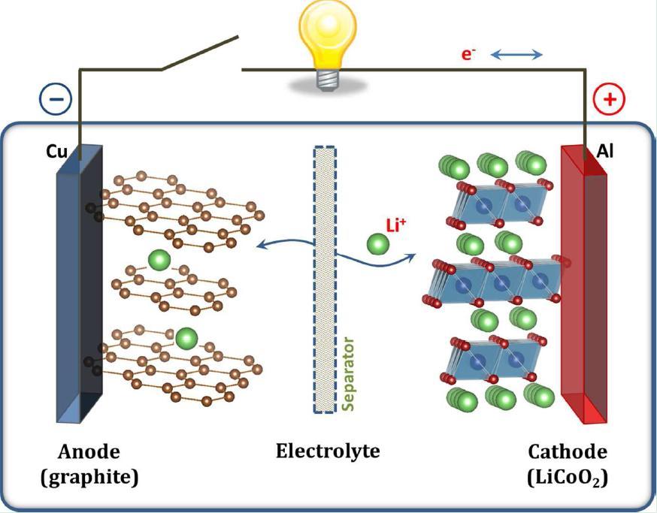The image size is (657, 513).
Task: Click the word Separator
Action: (x=348, y=373)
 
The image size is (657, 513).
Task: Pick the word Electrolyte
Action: (x=327, y=452)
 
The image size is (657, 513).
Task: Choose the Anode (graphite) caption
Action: (x=89, y=464)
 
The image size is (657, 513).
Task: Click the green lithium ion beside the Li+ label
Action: (x=378, y=244)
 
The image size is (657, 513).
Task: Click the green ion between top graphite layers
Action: (x=159, y=261)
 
